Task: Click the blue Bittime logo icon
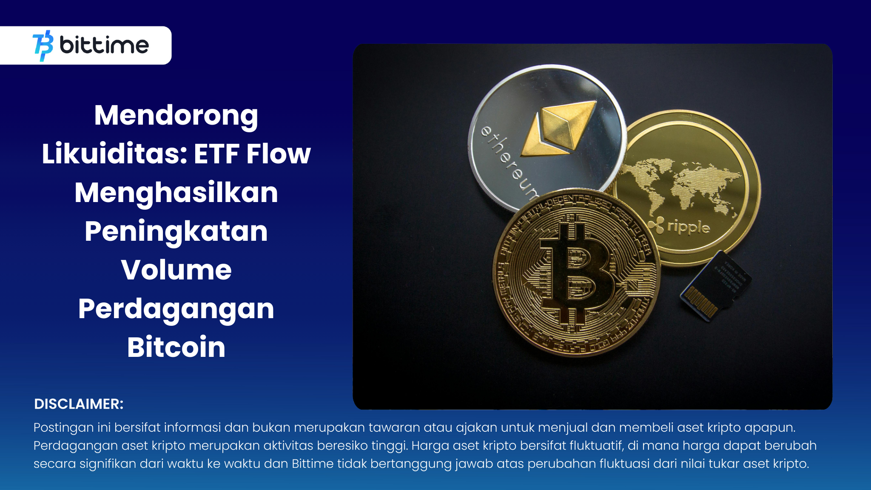tap(43, 46)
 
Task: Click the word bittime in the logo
tap(104, 45)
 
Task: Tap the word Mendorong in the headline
tap(176, 115)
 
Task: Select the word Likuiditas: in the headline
tap(114, 154)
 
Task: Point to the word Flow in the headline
tap(279, 154)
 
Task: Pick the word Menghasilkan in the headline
tap(176, 193)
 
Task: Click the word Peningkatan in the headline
tap(176, 231)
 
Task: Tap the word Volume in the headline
tap(176, 270)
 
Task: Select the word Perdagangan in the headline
tap(176, 309)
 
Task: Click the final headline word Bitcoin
tap(176, 347)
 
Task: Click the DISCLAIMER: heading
tap(79, 404)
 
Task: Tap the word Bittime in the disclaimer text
tap(313, 463)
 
